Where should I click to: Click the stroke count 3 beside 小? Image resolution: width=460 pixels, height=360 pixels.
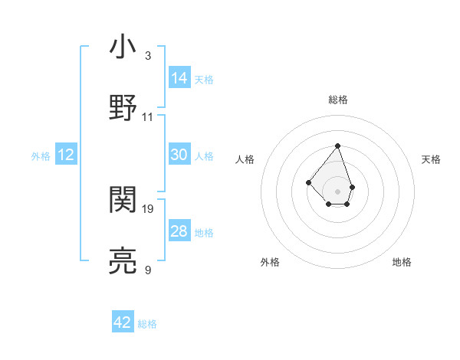point(148,56)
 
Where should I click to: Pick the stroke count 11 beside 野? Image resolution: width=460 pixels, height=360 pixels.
point(148,116)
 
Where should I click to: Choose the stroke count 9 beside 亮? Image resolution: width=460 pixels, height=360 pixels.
point(148,270)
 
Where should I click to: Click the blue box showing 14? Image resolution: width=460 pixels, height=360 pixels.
point(179,78)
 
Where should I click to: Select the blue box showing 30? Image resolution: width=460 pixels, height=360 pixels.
point(179,155)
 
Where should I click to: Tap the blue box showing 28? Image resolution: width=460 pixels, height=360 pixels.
point(179,231)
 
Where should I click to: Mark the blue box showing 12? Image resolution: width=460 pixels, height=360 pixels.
point(66,155)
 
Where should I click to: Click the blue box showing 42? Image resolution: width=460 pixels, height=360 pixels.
point(123,322)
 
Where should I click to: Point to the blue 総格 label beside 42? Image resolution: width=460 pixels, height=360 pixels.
point(147,324)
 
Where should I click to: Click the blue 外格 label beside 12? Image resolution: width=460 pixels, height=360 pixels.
point(41,156)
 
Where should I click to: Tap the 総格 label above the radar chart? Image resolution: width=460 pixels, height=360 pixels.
point(338,100)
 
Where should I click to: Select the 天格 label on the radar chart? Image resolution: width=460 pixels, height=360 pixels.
point(431,159)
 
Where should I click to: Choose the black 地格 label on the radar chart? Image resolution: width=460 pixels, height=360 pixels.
point(402,262)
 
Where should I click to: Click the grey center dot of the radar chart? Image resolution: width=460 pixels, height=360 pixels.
point(338,191)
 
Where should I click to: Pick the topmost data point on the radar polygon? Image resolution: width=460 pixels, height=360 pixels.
point(338,146)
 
